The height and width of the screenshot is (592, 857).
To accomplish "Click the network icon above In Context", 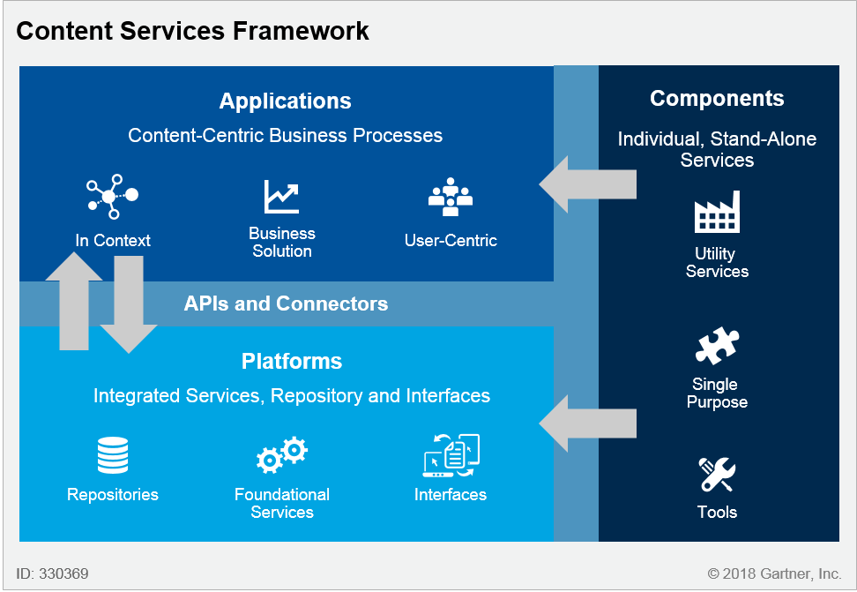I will [112, 197].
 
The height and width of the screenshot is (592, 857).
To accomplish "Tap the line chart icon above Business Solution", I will [281, 197].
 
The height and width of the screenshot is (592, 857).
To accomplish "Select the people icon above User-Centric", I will [451, 198].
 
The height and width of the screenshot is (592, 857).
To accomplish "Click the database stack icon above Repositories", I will [113, 456].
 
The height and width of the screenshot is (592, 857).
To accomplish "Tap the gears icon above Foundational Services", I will [282, 456].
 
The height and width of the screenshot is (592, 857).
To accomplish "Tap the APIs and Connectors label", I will [286, 303].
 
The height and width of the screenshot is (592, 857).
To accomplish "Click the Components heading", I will [717, 98].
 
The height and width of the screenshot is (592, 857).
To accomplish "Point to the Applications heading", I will [285, 101].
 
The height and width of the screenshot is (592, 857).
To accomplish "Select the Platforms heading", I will [292, 361].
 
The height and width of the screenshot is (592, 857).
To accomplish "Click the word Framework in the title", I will [301, 31].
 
